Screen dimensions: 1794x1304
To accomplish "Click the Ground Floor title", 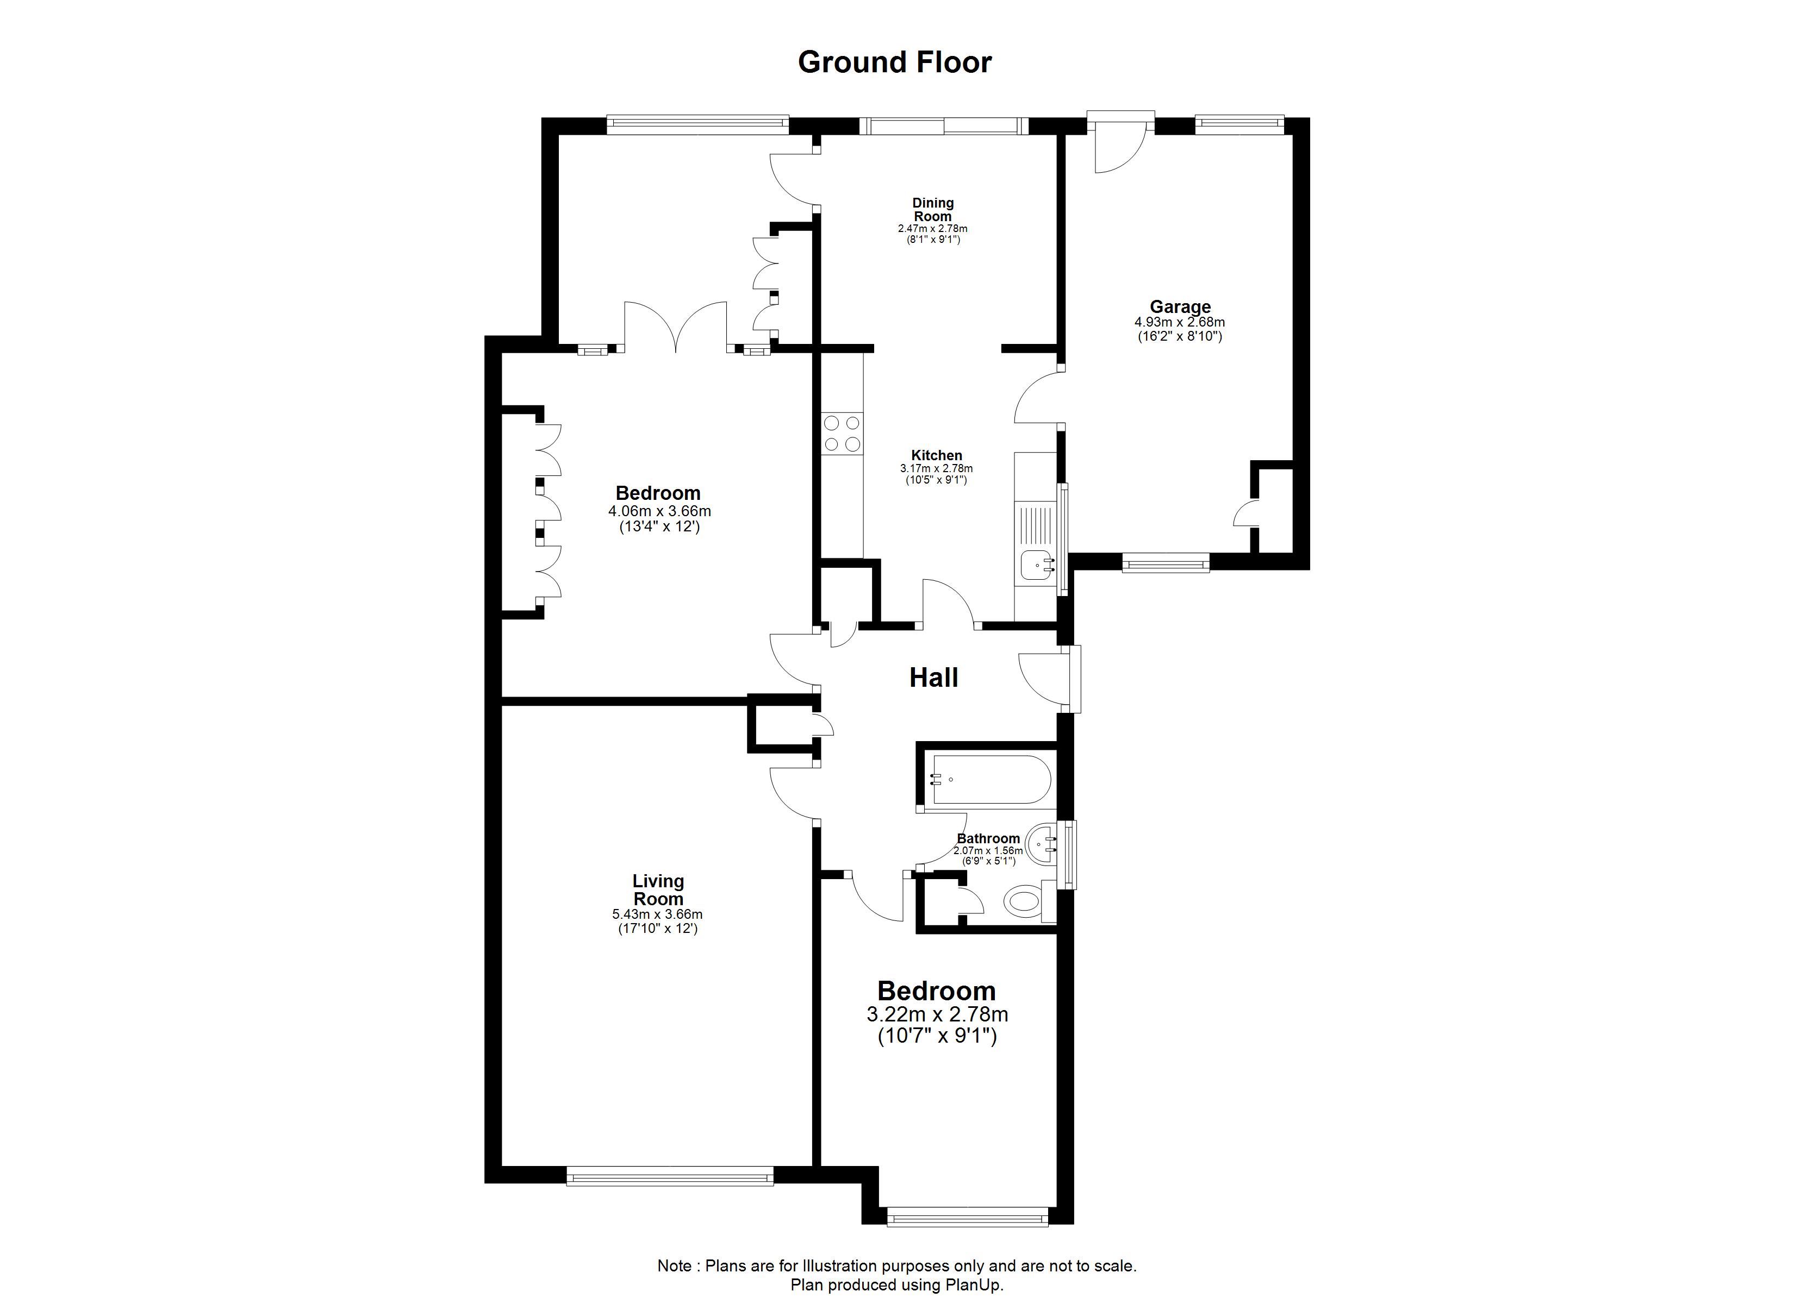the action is [x=895, y=62].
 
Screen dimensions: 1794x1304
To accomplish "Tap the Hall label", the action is [x=933, y=678].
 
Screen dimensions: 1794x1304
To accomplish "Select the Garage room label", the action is [x=1180, y=307].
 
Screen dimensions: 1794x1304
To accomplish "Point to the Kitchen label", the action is [x=937, y=455].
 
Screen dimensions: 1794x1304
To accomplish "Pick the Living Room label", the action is [x=658, y=889].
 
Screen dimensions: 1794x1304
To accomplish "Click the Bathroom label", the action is [x=988, y=838].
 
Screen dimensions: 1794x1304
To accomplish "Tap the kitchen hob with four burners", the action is [x=843, y=434].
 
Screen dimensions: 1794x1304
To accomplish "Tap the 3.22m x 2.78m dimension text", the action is [x=937, y=1014].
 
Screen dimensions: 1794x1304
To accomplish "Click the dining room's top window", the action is [x=944, y=126].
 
